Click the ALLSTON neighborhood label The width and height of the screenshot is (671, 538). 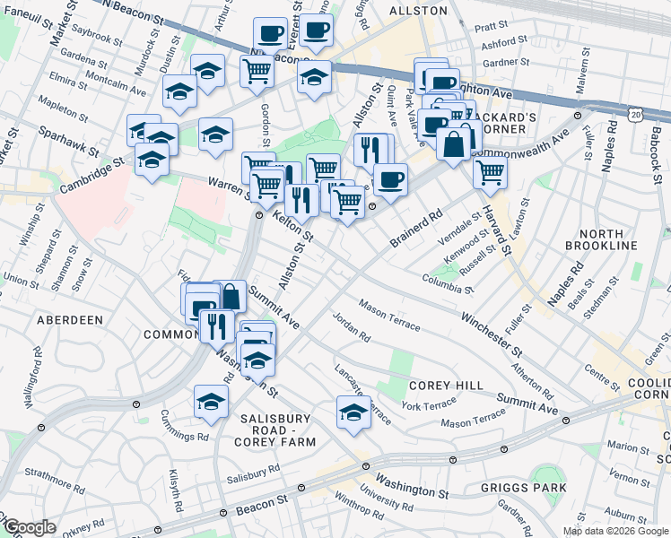click(x=418, y=11)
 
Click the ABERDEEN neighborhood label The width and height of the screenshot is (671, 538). click(x=70, y=319)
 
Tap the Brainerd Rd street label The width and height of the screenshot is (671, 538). click(x=417, y=229)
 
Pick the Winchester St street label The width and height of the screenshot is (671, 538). click(x=492, y=332)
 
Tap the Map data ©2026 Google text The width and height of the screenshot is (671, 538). click(x=615, y=531)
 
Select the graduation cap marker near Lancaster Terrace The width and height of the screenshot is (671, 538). click(x=353, y=412)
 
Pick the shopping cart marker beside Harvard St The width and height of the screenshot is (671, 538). click(x=490, y=170)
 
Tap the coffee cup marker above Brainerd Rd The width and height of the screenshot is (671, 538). click(x=389, y=178)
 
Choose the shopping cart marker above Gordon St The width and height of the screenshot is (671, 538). click(x=257, y=68)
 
